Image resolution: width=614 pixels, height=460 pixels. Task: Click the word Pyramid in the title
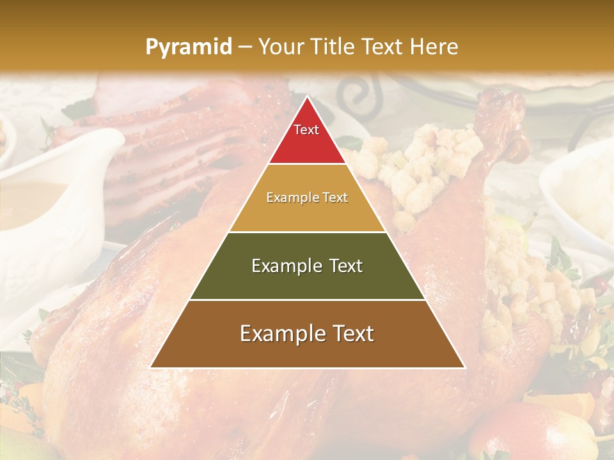[x=188, y=47]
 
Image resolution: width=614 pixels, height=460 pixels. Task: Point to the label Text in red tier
[x=306, y=130]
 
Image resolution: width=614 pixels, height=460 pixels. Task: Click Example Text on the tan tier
[x=307, y=197]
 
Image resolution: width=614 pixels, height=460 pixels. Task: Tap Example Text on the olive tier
[x=307, y=266]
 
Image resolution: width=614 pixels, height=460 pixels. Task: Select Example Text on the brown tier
[x=307, y=333]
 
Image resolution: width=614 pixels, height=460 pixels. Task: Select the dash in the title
[x=244, y=47]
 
